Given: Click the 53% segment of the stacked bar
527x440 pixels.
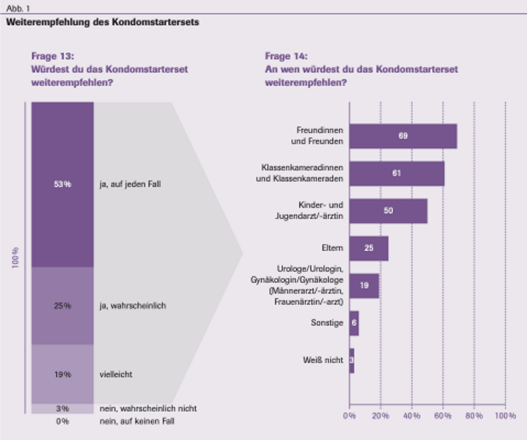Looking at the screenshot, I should coord(62,184).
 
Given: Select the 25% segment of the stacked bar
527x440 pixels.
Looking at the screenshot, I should coord(62,305).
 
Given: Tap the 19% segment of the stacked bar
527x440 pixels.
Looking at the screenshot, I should coord(62,374).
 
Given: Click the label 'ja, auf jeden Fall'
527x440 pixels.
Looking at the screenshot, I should coord(130,184).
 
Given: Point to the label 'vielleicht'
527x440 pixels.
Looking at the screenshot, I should coord(116,375).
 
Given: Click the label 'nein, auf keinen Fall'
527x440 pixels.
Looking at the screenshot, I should coord(137,421).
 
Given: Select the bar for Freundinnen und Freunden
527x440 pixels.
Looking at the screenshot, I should coord(402,136).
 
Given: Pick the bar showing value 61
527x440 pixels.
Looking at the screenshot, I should coord(397,173).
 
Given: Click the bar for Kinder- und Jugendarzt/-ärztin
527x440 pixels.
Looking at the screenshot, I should coord(388,210).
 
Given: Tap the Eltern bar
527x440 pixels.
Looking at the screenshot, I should coord(369,248).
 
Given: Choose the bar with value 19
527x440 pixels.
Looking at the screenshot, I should coord(364,285).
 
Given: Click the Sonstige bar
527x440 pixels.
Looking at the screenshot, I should coord(354,323).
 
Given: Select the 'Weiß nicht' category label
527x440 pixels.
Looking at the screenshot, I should coord(323,360).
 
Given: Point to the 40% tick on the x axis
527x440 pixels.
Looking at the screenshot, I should coord(411,416).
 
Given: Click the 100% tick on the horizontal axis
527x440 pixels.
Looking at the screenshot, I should coord(505,416).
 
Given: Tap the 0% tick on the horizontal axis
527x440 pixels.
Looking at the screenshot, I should coord(350,416).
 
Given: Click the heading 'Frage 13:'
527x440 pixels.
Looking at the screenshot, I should coord(53,56).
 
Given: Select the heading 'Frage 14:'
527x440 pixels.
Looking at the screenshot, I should coord(287,56).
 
